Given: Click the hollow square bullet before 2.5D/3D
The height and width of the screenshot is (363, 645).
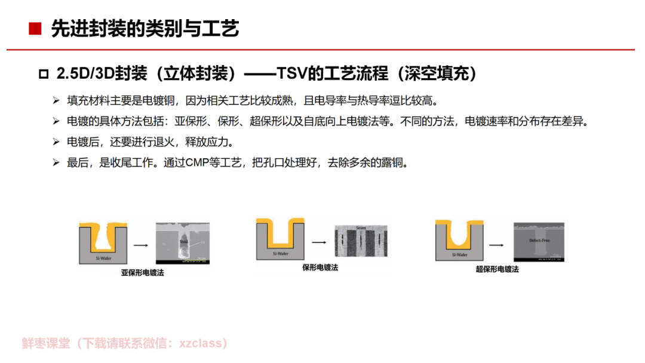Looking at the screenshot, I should [43, 75].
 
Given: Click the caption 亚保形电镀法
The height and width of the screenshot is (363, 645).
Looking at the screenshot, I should [142, 272].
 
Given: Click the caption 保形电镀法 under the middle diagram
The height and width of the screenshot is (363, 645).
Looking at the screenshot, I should [320, 268].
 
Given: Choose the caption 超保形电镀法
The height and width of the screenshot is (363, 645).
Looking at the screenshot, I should [497, 269].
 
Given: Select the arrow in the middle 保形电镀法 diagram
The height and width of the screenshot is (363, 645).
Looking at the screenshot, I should [318, 242].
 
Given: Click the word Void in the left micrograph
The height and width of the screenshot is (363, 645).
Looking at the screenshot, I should [184, 242].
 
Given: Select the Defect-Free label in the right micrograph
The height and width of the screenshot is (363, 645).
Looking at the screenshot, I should [539, 241].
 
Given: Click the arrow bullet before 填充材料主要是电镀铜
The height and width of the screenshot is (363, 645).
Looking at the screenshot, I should [56, 100].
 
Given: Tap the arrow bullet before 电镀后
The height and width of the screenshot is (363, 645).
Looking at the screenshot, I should [56, 142].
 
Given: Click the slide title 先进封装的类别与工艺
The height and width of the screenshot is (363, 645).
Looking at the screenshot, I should [145, 29].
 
